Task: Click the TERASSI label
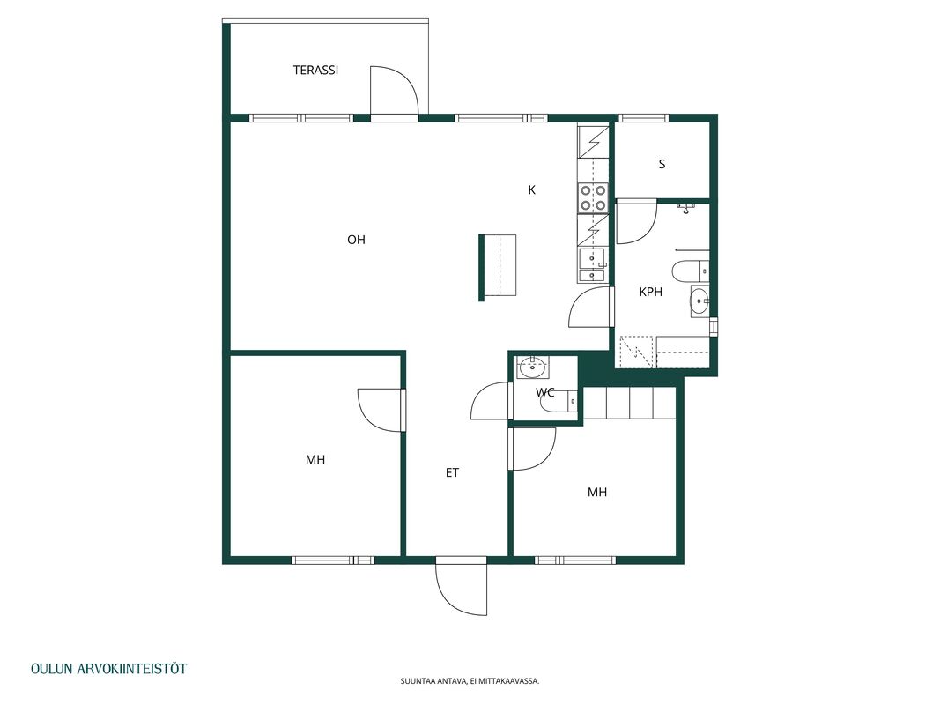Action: (x=315, y=70)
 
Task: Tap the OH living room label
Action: (x=356, y=240)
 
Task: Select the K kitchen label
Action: (x=532, y=190)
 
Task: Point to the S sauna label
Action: (x=662, y=164)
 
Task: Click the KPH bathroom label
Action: (x=650, y=292)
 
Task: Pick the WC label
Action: (x=545, y=393)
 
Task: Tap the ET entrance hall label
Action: (x=452, y=473)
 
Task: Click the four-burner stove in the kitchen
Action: (x=593, y=197)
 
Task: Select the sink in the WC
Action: (x=532, y=367)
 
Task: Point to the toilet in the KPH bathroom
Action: (x=690, y=271)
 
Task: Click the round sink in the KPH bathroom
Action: (x=699, y=301)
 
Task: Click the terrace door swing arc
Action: (x=393, y=90)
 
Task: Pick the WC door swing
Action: (x=492, y=400)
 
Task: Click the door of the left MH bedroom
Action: (x=381, y=410)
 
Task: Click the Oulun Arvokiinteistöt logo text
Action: (x=108, y=669)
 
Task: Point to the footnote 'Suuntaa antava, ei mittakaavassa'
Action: (x=470, y=681)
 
